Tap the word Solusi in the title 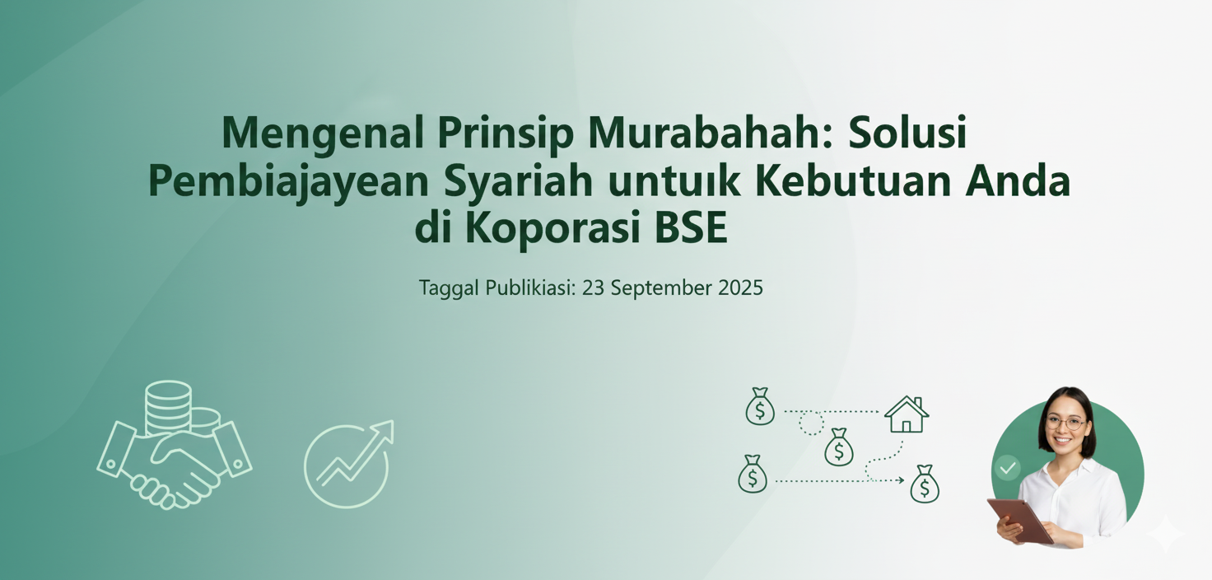(907, 133)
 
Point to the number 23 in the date (593, 288)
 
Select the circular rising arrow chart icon (347, 463)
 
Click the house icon (906, 414)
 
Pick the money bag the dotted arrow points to (924, 484)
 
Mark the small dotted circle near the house (811, 423)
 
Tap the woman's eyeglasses (1065, 423)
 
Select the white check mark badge (1007, 469)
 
